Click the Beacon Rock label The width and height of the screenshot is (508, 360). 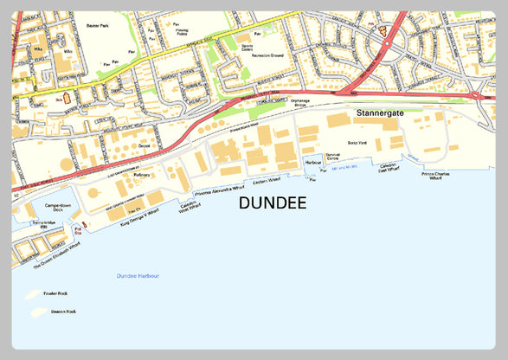[63, 311]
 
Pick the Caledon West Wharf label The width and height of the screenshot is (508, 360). [189, 205]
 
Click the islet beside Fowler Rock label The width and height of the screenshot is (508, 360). [35, 294]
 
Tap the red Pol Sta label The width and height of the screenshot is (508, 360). [78, 230]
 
